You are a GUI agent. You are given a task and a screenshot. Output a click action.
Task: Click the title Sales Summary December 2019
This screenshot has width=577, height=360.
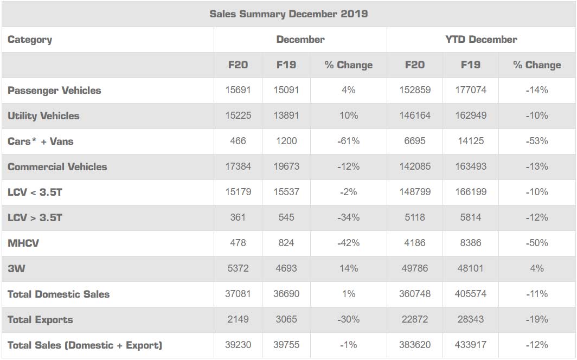point(288,14)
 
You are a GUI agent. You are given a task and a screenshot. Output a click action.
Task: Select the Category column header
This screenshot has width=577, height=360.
point(30,40)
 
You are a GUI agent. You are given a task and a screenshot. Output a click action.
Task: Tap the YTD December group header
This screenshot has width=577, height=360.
point(481,40)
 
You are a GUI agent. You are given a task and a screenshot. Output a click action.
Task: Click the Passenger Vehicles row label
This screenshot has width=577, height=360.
point(54,91)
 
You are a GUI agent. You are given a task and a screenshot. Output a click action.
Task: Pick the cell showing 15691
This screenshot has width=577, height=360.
point(238,91)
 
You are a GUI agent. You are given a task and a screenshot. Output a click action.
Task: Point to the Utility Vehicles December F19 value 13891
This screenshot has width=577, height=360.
point(286,116)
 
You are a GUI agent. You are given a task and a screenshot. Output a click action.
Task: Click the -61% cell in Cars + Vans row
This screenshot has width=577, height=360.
point(348,142)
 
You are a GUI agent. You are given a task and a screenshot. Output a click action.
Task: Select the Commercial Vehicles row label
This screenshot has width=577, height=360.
point(57,167)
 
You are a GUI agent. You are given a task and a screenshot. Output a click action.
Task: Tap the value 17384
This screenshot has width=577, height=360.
point(238,167)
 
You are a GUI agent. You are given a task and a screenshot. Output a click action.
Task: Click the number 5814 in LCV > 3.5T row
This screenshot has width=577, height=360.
point(470,218)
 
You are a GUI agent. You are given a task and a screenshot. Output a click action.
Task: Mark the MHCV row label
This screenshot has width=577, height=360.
point(23,243)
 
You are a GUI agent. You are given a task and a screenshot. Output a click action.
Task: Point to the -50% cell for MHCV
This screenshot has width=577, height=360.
point(536,243)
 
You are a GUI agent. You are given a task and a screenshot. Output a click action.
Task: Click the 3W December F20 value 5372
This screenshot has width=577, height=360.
point(238,269)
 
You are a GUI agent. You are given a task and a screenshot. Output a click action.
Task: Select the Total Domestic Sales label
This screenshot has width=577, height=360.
point(59,294)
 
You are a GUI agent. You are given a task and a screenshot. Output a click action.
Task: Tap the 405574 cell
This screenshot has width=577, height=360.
point(470,294)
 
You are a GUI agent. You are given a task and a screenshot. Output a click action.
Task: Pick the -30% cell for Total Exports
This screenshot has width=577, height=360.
point(348,320)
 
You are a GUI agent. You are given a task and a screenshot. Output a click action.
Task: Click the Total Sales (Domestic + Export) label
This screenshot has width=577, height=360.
point(85,345)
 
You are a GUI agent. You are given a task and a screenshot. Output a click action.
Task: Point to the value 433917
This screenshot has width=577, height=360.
point(470,345)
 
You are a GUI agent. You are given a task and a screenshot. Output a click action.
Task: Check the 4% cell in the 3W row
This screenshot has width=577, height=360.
point(536,269)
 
